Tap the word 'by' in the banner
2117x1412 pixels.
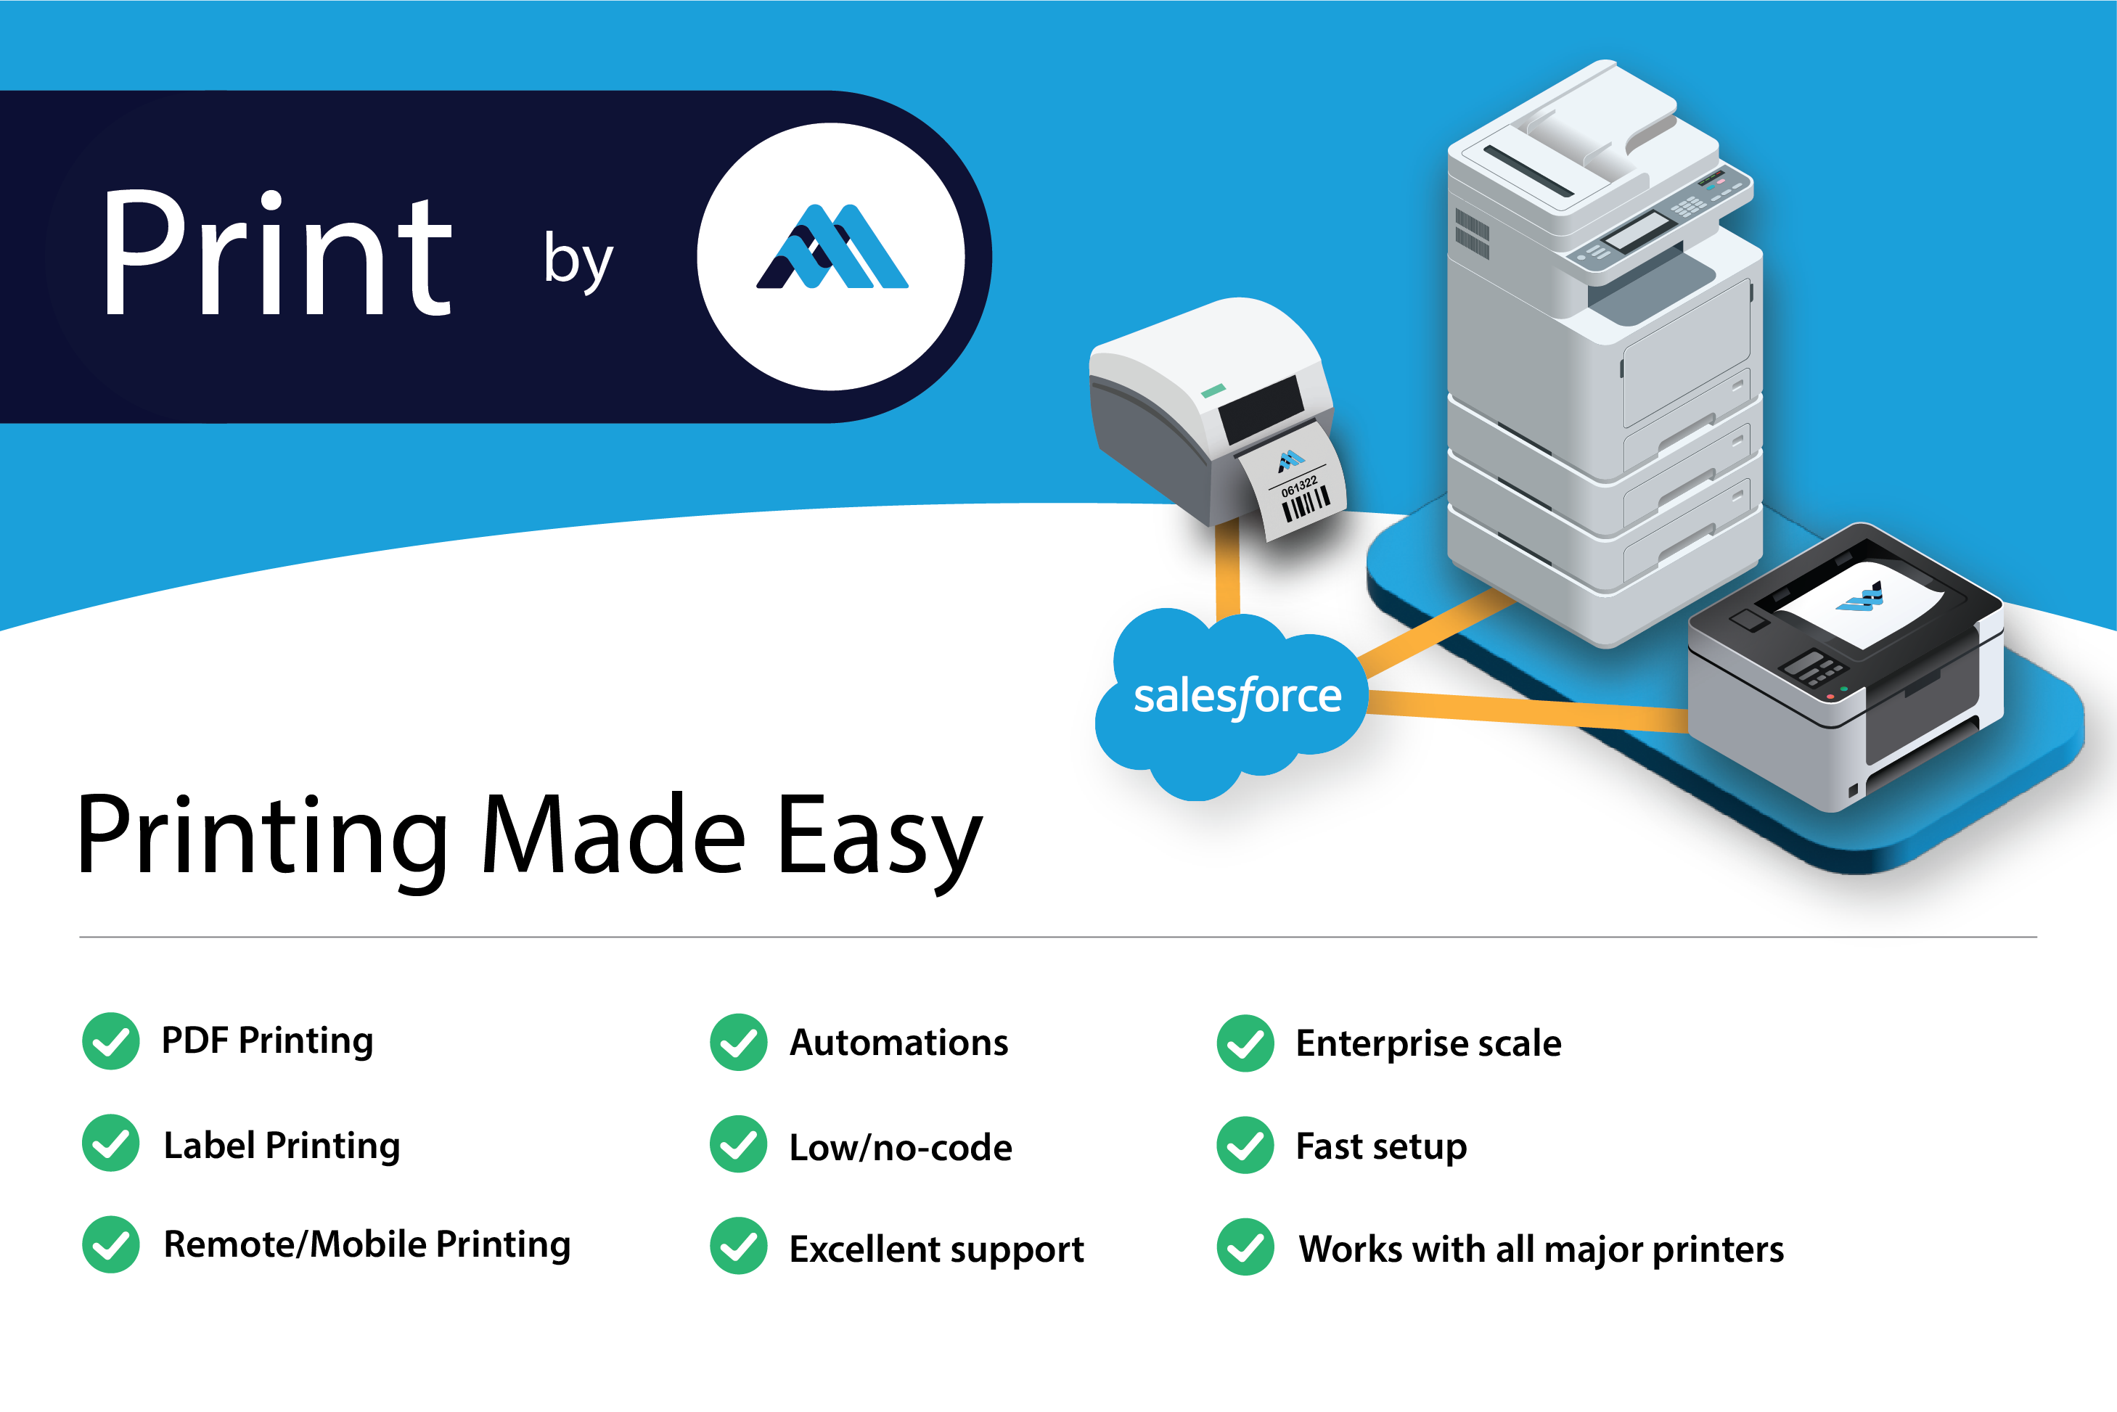578,260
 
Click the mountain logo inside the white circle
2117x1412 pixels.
831,247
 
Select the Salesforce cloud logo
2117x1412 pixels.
1234,698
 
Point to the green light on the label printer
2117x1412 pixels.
1213,391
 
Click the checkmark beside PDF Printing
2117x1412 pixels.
111,1041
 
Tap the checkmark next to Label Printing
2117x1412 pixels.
111,1143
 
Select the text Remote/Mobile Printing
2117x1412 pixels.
367,1244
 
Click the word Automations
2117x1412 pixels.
898,1043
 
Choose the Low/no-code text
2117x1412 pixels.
901,1147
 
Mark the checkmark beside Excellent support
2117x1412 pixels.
738,1247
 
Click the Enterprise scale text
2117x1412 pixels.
1428,1043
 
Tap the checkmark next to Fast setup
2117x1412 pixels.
1245,1146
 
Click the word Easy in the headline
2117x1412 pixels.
878,837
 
